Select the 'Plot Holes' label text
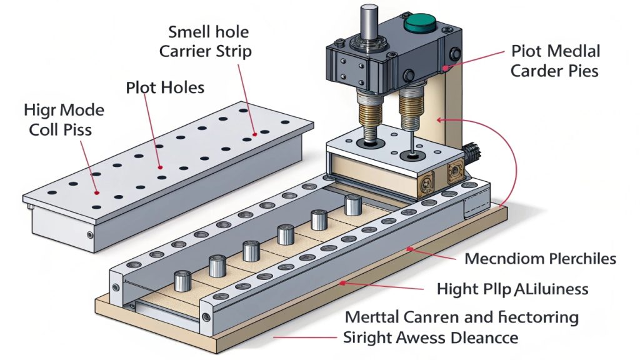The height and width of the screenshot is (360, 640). (x=165, y=87)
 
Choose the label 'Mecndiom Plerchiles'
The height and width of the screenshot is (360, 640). (x=541, y=259)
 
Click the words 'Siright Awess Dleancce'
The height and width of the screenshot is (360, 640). (x=431, y=338)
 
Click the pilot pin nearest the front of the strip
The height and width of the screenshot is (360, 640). (x=182, y=280)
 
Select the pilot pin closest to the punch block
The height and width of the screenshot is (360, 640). (x=353, y=204)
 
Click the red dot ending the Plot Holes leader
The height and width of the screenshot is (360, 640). (x=161, y=167)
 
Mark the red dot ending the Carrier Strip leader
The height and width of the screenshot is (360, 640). (x=255, y=133)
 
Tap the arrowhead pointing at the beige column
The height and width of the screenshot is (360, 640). (x=439, y=118)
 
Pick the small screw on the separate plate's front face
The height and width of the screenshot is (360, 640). (x=91, y=235)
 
